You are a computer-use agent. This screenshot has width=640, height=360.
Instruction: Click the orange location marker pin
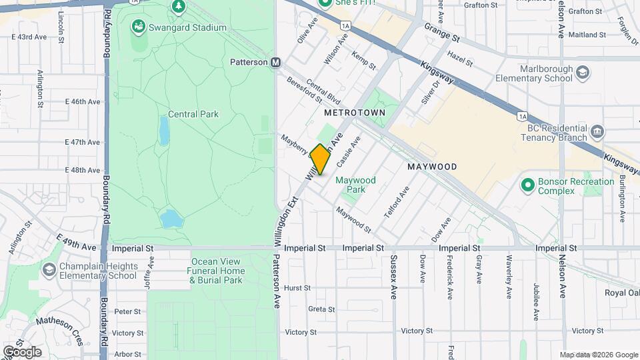320,159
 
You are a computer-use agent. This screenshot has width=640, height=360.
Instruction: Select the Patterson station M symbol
275,62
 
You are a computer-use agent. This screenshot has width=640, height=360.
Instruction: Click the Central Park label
193,114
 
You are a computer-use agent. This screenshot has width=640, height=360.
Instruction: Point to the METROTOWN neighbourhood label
355,113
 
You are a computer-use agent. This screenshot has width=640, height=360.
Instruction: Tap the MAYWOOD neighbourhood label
432,167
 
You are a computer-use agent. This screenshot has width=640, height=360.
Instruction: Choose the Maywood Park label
355,185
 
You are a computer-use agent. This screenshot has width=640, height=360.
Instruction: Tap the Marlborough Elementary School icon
582,71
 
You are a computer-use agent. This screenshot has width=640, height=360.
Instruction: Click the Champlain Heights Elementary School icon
49,269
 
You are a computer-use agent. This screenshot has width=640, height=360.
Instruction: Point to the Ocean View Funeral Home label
217,271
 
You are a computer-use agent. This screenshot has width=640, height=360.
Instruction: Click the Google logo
21,352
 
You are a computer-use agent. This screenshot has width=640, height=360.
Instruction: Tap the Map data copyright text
598,354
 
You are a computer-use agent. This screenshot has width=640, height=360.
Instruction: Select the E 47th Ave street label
83,142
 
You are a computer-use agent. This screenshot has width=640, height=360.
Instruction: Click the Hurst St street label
297,288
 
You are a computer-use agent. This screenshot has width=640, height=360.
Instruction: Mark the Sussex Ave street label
393,275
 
